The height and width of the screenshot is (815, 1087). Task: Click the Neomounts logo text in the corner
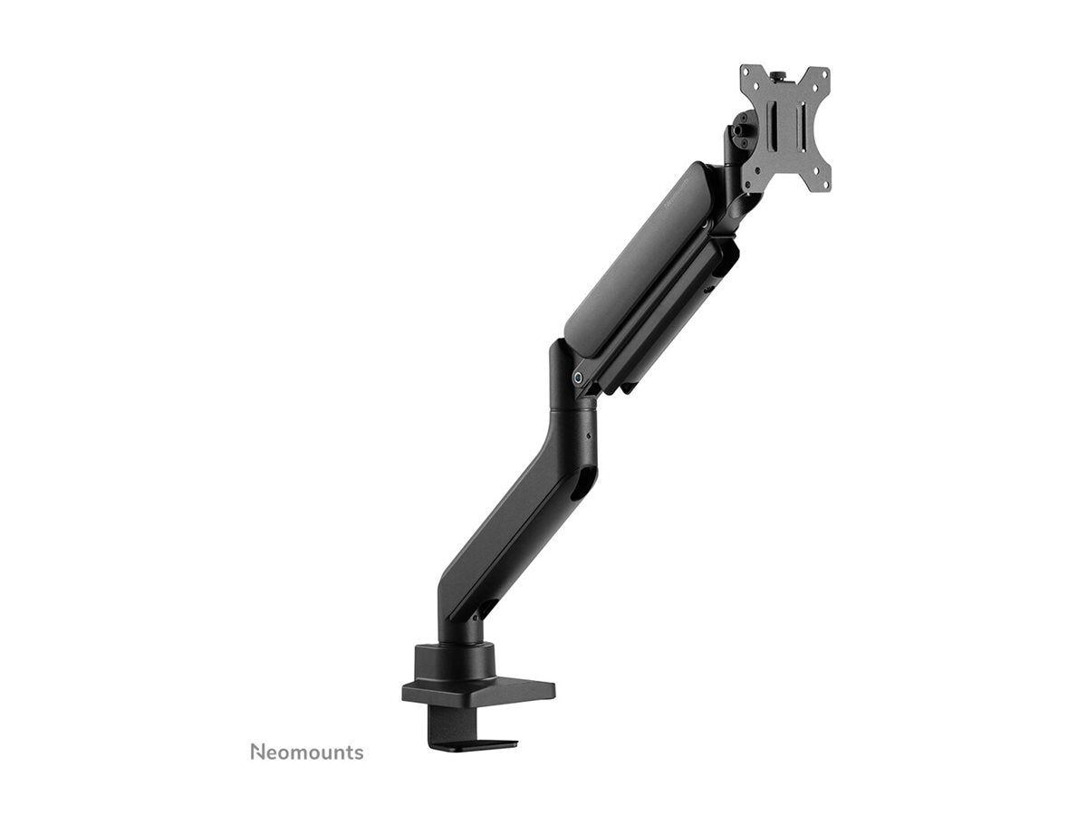(306, 752)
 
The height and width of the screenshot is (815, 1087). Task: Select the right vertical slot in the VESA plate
(800, 126)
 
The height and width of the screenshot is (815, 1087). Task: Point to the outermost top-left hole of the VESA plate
(749, 73)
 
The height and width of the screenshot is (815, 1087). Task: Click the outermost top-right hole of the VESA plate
(822, 75)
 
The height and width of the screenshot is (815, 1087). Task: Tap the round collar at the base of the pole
(454, 657)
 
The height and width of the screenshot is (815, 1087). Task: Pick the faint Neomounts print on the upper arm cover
(678, 189)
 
